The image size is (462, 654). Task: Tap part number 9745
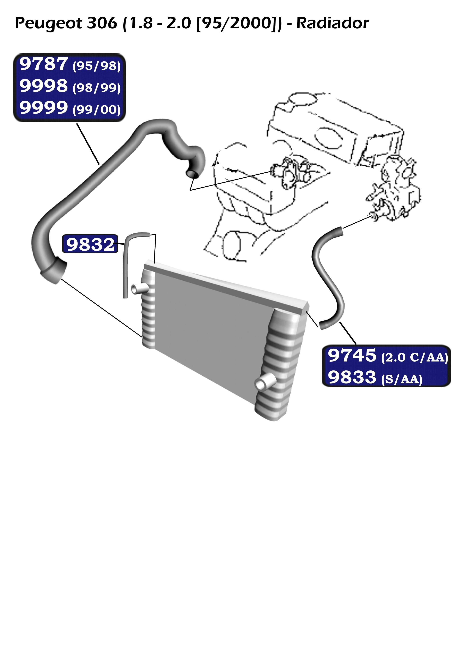(352, 356)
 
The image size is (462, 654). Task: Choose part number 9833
(352, 377)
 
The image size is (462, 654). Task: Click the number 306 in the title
(102, 23)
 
